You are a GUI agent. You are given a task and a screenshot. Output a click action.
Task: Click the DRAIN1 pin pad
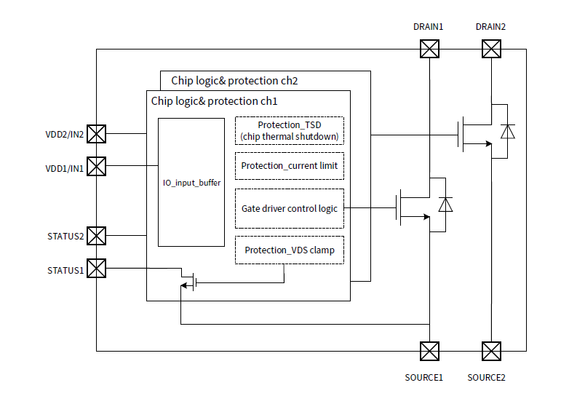[430, 49]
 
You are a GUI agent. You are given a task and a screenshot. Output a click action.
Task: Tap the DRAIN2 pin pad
[492, 49]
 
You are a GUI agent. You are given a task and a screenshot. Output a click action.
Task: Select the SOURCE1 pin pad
[430, 351]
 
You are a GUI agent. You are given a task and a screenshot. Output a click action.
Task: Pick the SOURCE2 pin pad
[492, 351]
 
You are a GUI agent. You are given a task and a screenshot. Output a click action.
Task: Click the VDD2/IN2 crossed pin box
[97, 133]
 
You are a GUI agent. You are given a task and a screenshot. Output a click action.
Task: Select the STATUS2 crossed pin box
[97, 235]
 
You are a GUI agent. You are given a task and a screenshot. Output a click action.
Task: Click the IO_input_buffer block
[191, 183]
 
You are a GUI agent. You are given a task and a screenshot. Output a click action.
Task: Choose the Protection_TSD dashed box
[289, 130]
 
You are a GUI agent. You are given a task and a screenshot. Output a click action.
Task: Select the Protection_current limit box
[289, 165]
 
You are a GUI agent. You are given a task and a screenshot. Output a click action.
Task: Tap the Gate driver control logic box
[289, 208]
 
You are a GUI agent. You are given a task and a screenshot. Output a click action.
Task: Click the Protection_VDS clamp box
[289, 250]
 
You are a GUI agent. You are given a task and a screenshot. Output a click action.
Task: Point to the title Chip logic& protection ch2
[234, 80]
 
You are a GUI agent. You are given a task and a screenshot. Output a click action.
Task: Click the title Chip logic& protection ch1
[214, 100]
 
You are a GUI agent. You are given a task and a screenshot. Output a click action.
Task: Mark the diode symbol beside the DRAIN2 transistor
[508, 132]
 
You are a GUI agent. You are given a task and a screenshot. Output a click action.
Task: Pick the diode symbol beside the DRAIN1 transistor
[446, 205]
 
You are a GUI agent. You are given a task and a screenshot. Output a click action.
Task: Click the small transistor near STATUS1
[190, 281]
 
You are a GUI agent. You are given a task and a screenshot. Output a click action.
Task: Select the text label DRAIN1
[429, 26]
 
